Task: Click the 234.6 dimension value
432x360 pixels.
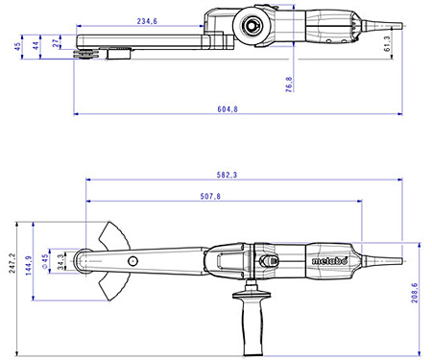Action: (x=147, y=20)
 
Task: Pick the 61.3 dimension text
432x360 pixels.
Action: (x=386, y=42)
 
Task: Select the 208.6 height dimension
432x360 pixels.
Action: (x=415, y=287)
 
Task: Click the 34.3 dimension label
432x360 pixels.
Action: (x=60, y=259)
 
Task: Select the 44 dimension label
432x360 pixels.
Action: (x=36, y=44)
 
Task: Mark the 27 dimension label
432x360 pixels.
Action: (x=56, y=42)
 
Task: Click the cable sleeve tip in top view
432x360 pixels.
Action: (x=392, y=21)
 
